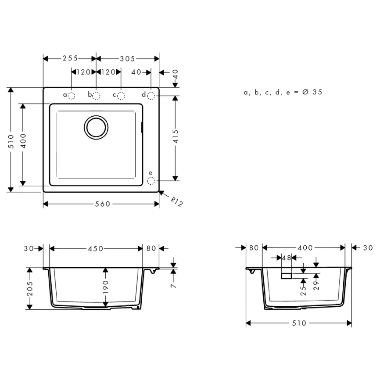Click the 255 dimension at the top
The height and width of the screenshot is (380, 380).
[69, 58]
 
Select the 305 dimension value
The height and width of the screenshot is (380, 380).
[127, 58]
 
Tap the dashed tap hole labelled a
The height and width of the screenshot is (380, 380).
[72, 95]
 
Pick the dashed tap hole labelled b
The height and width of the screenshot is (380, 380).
[96, 95]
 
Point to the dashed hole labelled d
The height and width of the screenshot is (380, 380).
[151, 95]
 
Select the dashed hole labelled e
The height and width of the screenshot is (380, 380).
[151, 180]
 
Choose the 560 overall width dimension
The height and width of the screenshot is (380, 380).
[102, 204]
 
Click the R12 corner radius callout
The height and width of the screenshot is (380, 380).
[176, 201]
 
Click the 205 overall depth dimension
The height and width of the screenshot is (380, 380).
[30, 288]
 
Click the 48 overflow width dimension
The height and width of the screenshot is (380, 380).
[286, 258]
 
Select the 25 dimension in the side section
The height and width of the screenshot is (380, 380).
[303, 290]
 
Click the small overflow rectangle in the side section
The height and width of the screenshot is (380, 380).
[287, 275]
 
